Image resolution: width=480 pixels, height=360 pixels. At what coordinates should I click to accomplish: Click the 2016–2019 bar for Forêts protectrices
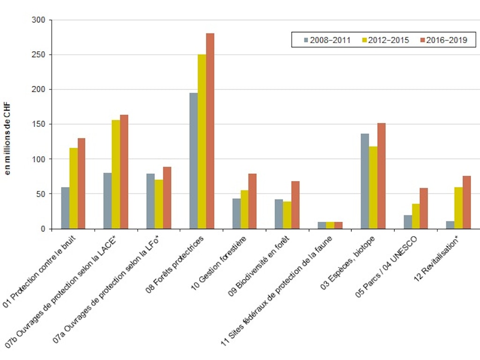(x=210, y=131)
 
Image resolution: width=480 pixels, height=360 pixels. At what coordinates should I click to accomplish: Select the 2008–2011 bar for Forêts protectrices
(x=193, y=161)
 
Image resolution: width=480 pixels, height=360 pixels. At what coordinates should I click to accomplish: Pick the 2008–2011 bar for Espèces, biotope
(x=365, y=181)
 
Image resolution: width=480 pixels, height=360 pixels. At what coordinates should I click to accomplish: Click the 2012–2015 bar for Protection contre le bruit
(x=74, y=188)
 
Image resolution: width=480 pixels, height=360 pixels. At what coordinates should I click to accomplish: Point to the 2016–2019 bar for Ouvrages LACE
(x=124, y=172)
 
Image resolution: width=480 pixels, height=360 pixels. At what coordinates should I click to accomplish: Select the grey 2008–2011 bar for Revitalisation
(x=450, y=225)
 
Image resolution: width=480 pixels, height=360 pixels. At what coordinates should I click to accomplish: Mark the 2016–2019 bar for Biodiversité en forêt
(x=295, y=205)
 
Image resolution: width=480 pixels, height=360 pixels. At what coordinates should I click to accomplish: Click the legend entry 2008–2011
(x=327, y=40)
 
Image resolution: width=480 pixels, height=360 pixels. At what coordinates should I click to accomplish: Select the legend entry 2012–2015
(x=385, y=40)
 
